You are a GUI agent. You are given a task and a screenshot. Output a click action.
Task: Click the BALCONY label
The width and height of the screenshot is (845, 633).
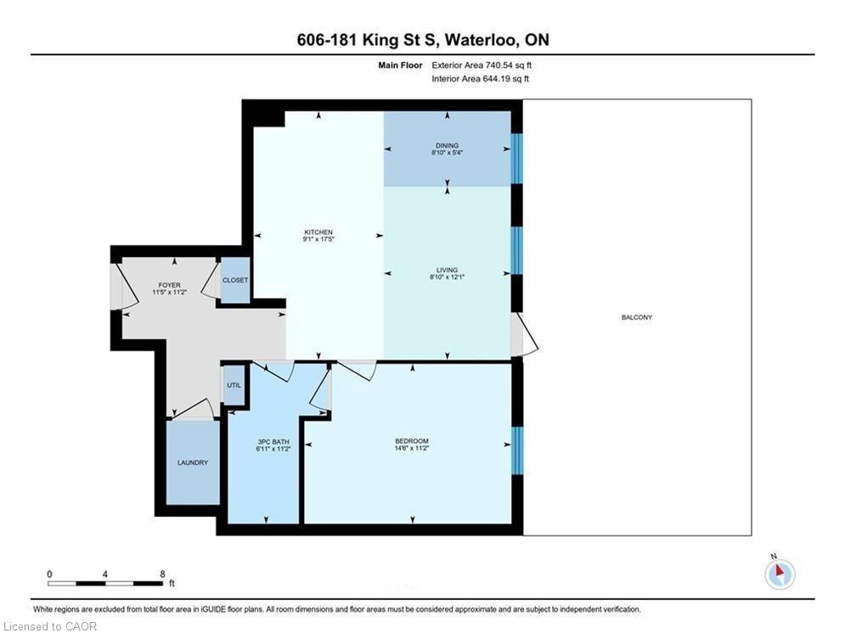[x=636, y=317]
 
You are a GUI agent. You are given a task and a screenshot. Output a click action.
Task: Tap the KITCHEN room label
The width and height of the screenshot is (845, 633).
[x=318, y=232]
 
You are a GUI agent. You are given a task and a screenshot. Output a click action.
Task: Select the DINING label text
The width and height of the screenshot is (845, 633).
[x=448, y=145]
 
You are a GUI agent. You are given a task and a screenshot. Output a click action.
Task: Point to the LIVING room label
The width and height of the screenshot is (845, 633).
[x=448, y=270]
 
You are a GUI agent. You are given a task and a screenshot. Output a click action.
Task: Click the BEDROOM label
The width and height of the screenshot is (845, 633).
[x=412, y=441]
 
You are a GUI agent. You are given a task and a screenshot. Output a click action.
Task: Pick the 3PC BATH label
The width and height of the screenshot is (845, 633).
[x=273, y=442]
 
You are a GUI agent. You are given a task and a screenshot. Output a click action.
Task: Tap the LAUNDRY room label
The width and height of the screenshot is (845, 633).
[x=193, y=462]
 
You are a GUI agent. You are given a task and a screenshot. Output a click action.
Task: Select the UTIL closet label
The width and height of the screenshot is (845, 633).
[x=234, y=385]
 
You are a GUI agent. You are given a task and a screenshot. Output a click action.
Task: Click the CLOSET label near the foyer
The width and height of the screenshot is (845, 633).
[x=235, y=280]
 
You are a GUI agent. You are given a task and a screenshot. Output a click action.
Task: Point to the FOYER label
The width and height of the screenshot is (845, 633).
[x=169, y=285]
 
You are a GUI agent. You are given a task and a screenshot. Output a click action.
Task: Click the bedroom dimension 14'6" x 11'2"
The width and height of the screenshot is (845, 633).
[x=412, y=448]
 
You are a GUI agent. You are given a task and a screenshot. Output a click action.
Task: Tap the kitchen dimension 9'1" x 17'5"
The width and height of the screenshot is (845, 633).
[x=318, y=238]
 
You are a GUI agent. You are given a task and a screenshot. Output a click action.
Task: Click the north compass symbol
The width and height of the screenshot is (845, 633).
[x=780, y=574]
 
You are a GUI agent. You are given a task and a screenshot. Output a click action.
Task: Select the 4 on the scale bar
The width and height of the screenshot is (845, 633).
[x=104, y=574]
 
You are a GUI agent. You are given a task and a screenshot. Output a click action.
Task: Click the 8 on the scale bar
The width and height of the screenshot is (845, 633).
[x=162, y=574]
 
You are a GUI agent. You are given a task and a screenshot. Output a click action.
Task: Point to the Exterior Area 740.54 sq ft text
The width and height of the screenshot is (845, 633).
[x=482, y=65]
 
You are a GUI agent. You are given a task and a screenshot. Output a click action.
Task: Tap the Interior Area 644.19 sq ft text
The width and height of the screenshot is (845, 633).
[x=481, y=79]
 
